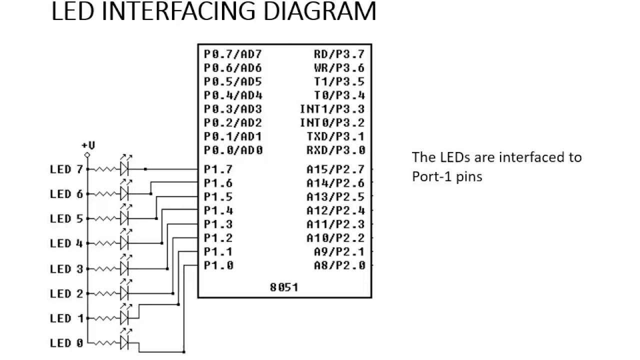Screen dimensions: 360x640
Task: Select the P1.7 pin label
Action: (x=218, y=169)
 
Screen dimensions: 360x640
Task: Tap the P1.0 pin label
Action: (x=218, y=265)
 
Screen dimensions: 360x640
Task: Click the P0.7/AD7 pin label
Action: (x=233, y=54)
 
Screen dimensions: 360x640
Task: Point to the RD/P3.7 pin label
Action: (x=339, y=54)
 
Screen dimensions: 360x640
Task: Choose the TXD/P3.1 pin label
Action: (x=335, y=136)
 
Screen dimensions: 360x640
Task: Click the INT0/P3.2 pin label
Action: (x=332, y=123)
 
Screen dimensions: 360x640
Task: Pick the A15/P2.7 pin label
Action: (x=335, y=169)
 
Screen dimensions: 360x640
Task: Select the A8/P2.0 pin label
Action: (x=339, y=265)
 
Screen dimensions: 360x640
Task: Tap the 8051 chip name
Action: (x=284, y=287)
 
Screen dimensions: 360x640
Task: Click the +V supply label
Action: (x=88, y=145)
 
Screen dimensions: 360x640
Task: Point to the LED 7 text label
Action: (x=66, y=169)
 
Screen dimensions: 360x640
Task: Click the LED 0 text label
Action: (x=66, y=343)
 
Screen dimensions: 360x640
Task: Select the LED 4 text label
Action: (x=66, y=243)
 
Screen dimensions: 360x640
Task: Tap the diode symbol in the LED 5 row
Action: (x=124, y=218)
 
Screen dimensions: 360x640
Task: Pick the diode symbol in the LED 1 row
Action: (x=124, y=317)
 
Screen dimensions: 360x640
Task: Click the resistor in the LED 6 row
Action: (x=104, y=193)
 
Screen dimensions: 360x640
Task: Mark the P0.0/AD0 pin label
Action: (x=233, y=150)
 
